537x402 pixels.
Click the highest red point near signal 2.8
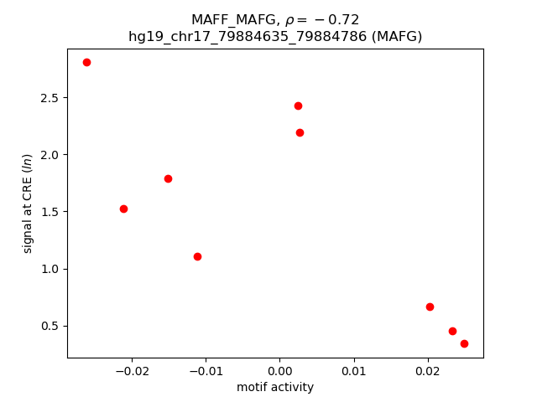(86, 62)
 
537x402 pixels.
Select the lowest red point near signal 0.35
(464, 343)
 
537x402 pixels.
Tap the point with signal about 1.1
(197, 256)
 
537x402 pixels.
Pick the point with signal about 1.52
(123, 209)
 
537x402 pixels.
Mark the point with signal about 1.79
(168, 178)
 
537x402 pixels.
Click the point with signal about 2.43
(298, 106)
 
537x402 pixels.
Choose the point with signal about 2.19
(300, 132)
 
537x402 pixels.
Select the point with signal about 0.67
(430, 307)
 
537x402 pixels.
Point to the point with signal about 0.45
(452, 331)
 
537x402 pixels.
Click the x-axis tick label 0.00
(279, 371)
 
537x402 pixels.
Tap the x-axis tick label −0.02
(130, 371)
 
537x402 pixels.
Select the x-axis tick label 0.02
(428, 371)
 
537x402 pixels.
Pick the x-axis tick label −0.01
(204, 371)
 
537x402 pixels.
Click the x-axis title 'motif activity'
(275, 387)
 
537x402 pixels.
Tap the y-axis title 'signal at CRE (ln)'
(28, 204)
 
